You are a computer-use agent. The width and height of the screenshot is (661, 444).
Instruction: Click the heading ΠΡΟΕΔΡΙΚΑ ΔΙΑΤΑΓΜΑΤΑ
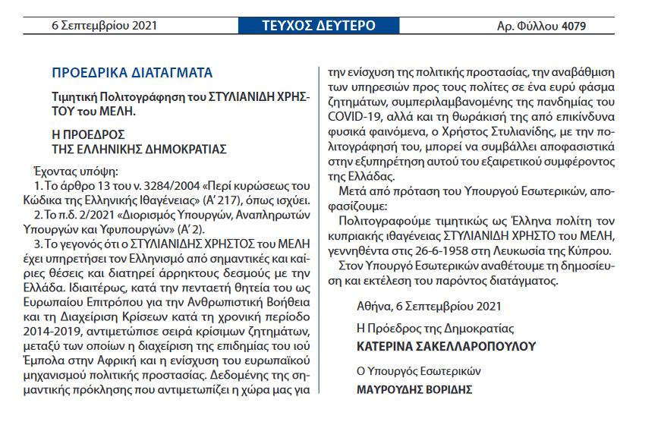click(x=132, y=74)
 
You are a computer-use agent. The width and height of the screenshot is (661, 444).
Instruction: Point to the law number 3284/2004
click(x=156, y=187)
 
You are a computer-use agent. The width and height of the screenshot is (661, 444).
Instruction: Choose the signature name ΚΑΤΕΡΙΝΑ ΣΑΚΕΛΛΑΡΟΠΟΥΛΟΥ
click(x=445, y=347)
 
